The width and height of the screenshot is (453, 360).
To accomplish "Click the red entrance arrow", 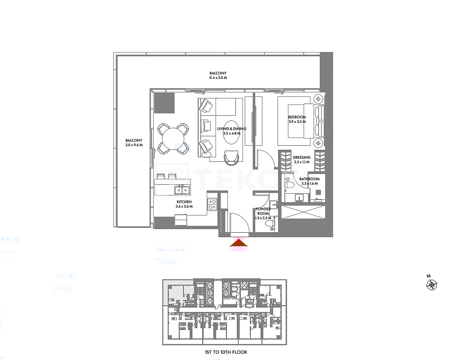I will [x=239, y=243].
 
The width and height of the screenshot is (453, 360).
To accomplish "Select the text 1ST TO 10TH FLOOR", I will [x=226, y=352].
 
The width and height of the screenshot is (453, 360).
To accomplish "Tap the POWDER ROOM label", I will [x=263, y=211].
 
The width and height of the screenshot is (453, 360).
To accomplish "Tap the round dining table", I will [x=173, y=139].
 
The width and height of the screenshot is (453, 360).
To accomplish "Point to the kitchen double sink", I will [x=182, y=190].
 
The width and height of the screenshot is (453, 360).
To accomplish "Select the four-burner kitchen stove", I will [x=212, y=204].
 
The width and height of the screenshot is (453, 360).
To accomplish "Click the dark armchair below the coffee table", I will [x=231, y=156].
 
